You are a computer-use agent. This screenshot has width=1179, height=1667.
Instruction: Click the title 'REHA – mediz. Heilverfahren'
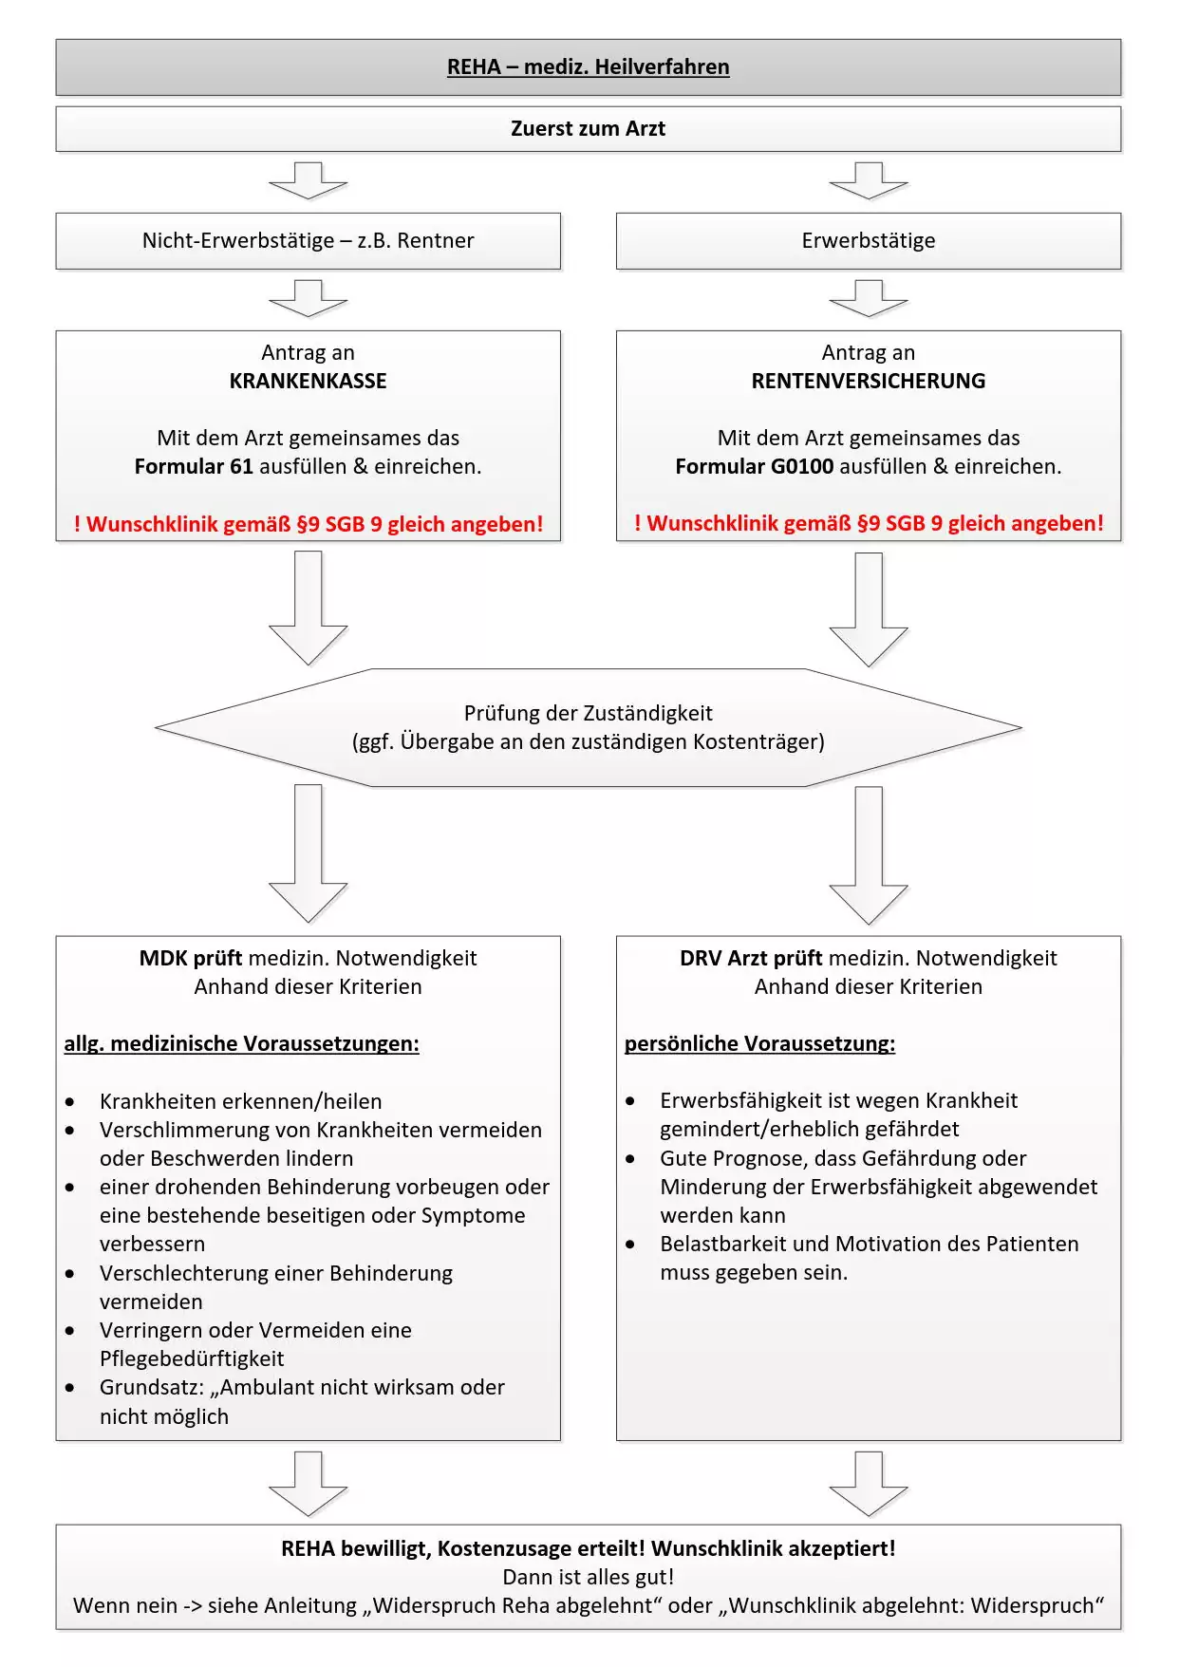588,67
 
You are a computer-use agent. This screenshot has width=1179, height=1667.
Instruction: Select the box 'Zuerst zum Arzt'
588,129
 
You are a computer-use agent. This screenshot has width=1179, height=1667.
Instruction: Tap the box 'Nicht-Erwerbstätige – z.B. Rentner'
308,241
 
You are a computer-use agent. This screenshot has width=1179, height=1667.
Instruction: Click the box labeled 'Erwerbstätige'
868,241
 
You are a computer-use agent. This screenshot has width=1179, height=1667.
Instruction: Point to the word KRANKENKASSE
308,382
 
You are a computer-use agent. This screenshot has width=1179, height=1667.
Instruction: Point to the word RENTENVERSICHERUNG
868,382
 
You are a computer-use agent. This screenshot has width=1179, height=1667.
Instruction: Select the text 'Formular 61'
194,467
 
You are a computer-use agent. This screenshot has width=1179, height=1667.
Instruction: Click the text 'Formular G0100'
754,467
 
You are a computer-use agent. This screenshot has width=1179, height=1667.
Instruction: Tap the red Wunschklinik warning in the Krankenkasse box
308,524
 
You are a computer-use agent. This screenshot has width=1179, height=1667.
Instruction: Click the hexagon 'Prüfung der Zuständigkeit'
588,727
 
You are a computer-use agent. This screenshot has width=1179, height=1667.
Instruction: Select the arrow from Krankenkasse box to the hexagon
308,608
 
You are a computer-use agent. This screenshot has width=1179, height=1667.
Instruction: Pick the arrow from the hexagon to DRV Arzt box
868,854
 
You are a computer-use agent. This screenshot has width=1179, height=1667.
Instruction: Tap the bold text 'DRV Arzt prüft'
751,959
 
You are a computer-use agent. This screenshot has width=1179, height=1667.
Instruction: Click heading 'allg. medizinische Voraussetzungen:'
241,1044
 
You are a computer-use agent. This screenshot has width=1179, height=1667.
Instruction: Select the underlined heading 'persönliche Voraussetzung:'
759,1044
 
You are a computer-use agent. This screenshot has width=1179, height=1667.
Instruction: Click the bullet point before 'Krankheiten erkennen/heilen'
70,1102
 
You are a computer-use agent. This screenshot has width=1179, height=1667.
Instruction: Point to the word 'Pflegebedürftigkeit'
192,1359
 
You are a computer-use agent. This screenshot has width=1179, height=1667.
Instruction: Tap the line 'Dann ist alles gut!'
588,1578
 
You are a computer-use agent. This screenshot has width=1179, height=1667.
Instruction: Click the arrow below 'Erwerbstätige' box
868,298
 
